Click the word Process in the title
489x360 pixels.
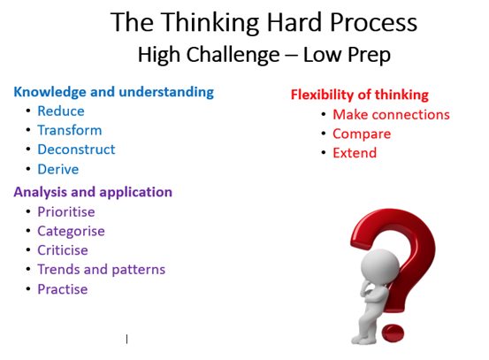pos(373,22)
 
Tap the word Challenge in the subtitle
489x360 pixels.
pos(233,56)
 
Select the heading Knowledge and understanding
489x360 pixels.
pos(114,92)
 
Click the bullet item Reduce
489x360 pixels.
pos(61,111)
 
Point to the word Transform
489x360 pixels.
pos(70,130)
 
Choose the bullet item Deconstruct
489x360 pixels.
pos(76,149)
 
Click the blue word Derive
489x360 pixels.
pos(58,170)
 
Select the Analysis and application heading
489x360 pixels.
pos(93,192)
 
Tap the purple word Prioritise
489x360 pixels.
pos(66,211)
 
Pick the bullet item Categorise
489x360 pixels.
pos(71,232)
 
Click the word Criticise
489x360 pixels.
pos(63,250)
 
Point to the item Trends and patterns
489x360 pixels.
pos(102,270)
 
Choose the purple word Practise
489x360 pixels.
pos(63,289)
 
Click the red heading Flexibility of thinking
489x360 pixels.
pos(360,95)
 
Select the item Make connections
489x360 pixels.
pos(391,114)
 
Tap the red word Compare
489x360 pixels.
pos(362,134)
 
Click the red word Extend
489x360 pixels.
pos(355,153)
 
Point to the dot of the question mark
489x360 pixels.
pos(393,333)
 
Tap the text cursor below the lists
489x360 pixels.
pos(127,339)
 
